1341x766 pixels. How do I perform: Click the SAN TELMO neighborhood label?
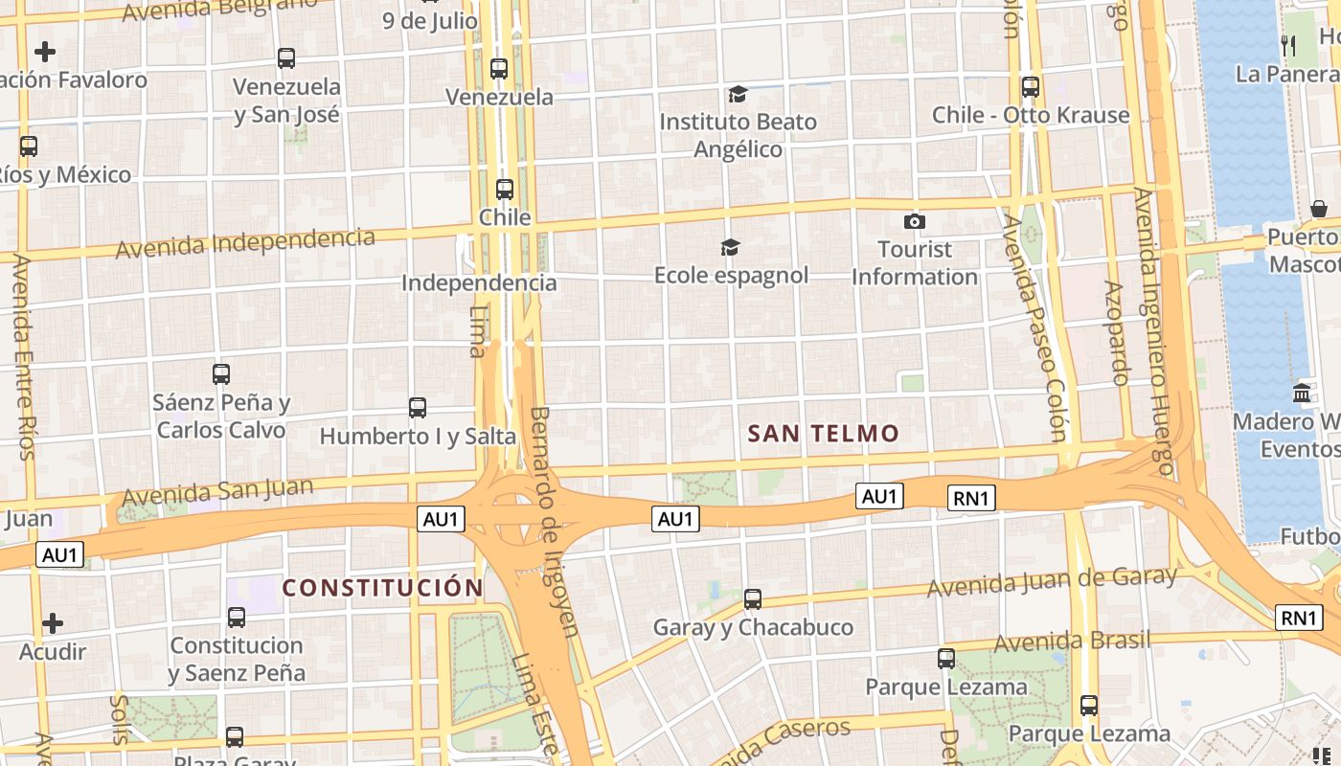click(x=824, y=434)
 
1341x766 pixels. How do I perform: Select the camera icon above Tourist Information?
click(x=915, y=222)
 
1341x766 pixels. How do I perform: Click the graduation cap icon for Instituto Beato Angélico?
click(x=738, y=94)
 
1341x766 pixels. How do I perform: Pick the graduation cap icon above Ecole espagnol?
click(x=731, y=248)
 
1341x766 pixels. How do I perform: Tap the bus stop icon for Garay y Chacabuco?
click(x=753, y=599)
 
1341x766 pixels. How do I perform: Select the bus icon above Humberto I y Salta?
click(x=418, y=408)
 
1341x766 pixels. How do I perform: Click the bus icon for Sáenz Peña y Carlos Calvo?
click(x=221, y=374)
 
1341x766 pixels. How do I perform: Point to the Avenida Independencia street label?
click(x=245, y=242)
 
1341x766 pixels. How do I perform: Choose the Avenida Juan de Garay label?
click(x=1052, y=580)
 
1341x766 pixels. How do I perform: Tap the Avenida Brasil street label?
click(x=1072, y=641)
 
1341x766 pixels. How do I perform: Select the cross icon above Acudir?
click(x=53, y=624)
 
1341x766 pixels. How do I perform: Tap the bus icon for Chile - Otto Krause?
click(x=1031, y=87)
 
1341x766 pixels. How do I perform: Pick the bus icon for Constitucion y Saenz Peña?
click(x=237, y=618)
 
